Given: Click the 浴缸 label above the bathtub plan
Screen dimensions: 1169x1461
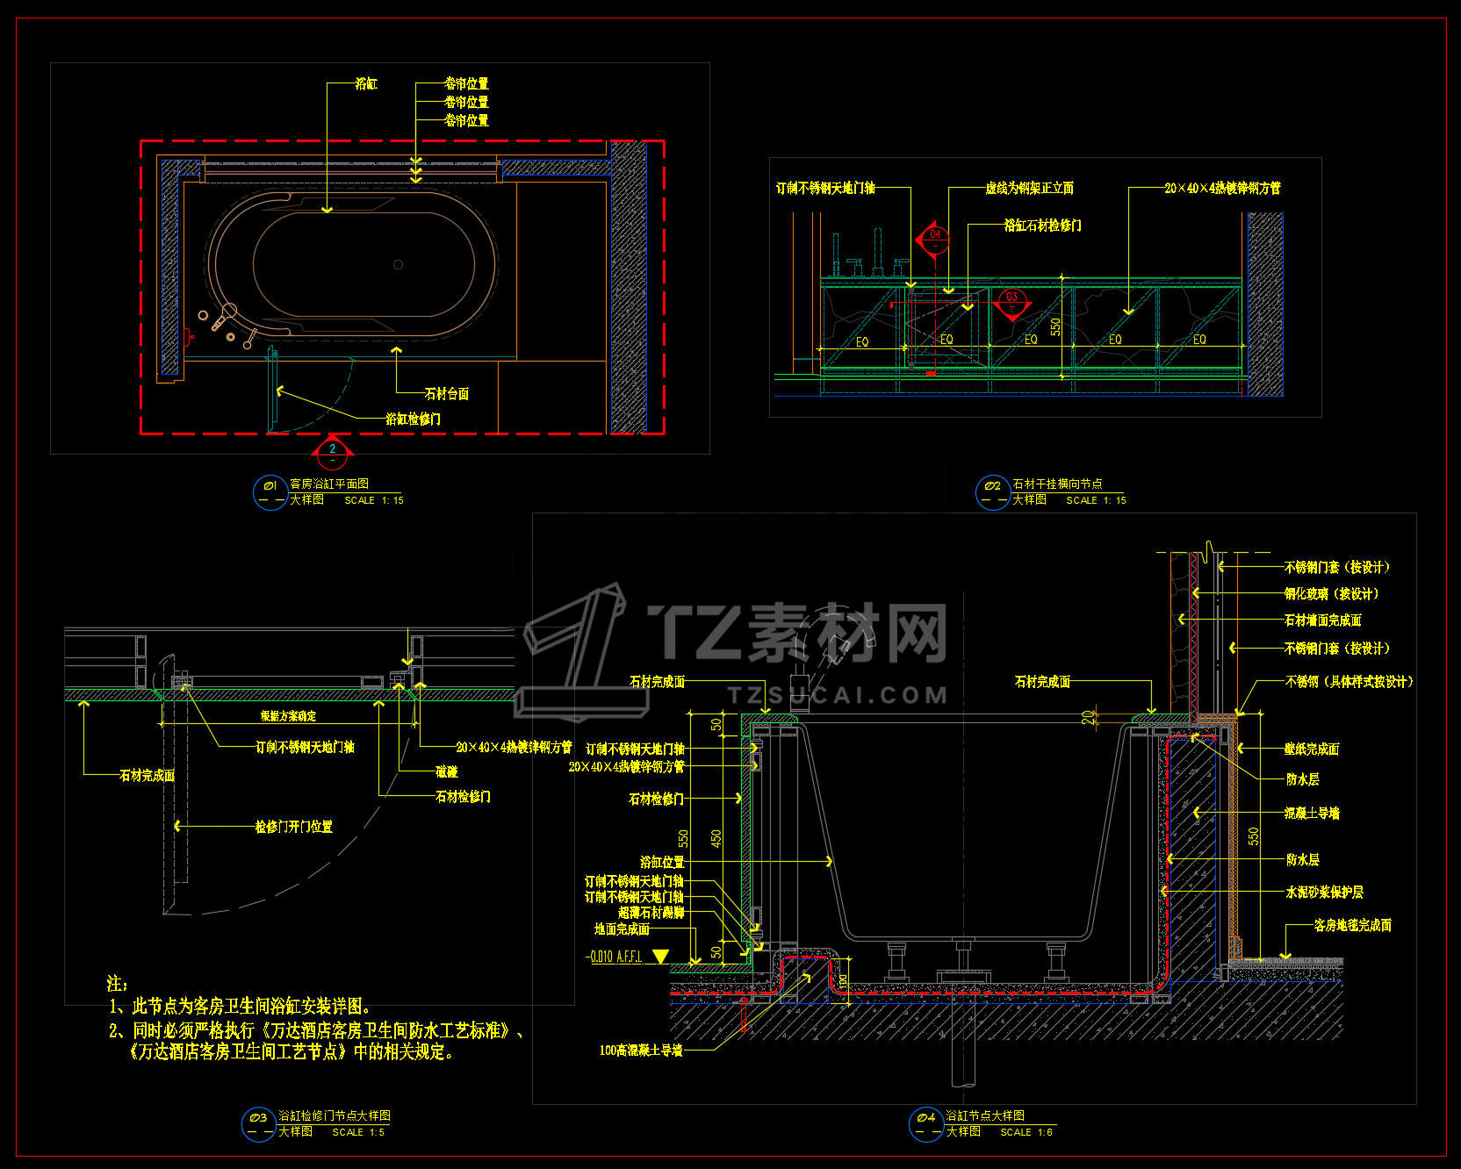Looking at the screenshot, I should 366,83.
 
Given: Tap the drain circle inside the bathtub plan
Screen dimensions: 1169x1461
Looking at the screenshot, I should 398,264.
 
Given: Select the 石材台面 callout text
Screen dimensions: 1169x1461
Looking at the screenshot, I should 446,393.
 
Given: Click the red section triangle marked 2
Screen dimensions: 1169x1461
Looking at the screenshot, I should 332,450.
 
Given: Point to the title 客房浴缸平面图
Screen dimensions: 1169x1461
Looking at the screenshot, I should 329,484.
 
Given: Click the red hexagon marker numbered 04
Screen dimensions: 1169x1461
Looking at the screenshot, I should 935,237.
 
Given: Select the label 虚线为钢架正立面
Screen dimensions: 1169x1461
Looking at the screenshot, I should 1029,188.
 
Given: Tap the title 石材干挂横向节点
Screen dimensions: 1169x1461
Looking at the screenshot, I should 1057,484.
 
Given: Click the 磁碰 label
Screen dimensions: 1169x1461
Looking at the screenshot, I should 447,771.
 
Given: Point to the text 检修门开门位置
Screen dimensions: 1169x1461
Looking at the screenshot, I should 293,826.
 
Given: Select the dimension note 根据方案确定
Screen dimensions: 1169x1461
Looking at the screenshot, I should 288,716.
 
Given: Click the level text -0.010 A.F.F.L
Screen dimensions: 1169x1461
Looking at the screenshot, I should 614,957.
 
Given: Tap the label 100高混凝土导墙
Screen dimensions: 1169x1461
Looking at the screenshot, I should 641,1050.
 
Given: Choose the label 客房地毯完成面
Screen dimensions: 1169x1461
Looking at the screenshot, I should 1352,925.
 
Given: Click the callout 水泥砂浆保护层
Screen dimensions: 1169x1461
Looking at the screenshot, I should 1324,892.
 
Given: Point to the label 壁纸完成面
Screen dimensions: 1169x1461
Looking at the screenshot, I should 1312,749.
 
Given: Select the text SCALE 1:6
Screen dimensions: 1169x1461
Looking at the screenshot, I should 1026,1132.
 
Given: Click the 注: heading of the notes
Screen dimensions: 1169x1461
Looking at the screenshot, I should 117,984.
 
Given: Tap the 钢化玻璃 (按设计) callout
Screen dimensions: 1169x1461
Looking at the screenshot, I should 1331,593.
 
